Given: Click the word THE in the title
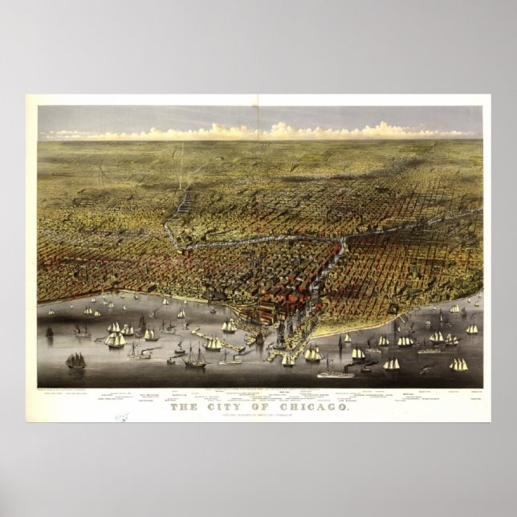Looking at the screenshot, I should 186,408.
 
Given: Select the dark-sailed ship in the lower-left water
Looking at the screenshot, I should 75,361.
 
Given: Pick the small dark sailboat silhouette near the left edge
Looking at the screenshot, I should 49,332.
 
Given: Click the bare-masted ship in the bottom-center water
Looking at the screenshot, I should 195,357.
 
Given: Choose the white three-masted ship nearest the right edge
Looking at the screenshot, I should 458,364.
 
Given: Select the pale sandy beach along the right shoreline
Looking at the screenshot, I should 377,321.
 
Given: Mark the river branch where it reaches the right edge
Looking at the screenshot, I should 477,214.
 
